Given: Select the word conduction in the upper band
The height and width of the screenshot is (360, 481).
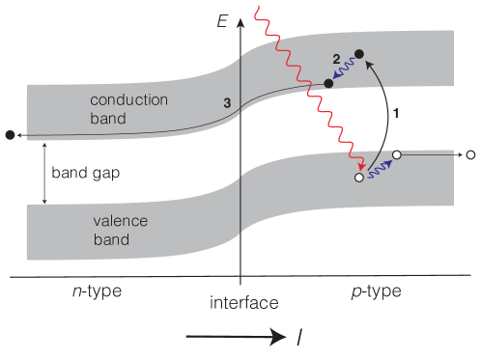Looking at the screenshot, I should coord(128,100).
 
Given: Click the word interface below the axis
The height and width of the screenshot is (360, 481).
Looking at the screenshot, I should coord(243,303).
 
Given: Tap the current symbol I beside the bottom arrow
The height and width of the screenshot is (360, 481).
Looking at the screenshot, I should coord(300,336).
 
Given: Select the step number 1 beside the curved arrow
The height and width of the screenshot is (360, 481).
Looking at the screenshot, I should coord(394,112).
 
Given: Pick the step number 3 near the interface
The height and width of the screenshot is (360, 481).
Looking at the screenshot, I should coord(226,103).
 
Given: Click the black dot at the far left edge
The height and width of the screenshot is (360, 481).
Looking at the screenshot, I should coord(10,134).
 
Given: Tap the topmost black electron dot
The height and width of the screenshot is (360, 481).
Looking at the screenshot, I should coord(359,54).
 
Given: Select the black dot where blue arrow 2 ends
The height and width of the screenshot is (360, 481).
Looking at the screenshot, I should coord(328,84).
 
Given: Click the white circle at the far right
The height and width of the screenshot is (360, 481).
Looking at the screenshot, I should coord(470,154).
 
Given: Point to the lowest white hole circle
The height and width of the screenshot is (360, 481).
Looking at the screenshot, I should coord(359,178).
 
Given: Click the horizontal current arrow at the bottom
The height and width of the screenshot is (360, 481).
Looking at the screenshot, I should coord(247,336).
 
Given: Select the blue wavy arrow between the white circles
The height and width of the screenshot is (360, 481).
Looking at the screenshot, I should coord(379,166).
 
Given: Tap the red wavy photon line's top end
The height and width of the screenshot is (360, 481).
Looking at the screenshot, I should coord(256,10).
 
